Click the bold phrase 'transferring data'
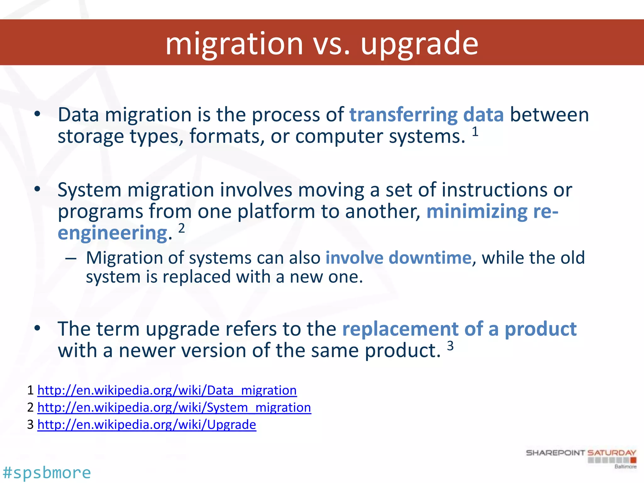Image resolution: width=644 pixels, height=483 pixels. pos(426,114)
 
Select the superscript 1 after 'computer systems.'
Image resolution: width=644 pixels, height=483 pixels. pos(475,132)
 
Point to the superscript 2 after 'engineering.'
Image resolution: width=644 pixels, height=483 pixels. pos(181,228)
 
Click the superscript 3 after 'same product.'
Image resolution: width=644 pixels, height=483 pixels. pos(450,346)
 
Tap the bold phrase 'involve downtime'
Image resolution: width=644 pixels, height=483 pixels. pos(398,258)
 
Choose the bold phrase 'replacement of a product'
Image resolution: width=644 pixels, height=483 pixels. pos(459,329)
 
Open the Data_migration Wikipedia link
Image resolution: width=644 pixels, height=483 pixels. pos(167,390)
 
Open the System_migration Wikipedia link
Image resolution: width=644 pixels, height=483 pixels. pos(174,408)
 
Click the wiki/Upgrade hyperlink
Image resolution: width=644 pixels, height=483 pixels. pos(147,425)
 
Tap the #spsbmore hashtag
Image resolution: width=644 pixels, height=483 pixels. pos(47,473)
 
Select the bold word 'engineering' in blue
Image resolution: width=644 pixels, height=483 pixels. pos(113,233)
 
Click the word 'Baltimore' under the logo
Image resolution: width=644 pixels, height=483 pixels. pos(625,467)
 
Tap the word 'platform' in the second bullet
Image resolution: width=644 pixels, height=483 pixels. pos(276,211)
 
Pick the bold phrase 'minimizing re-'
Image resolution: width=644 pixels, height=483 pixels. pos(492,211)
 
